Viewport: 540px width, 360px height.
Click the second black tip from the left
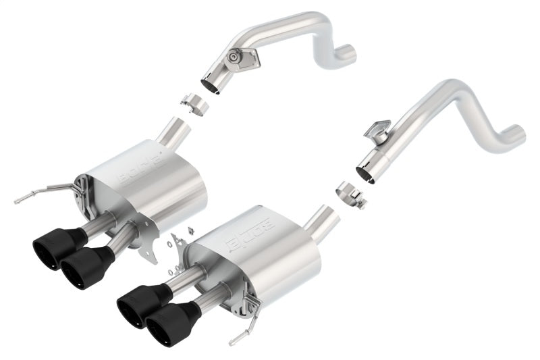coord(82,265)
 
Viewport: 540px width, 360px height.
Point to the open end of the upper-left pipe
coord(213,86)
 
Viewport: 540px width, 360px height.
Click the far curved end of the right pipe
coord(516,132)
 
